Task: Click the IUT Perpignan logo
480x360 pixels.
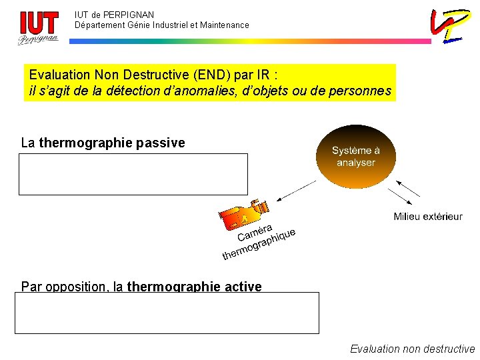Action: [38, 27]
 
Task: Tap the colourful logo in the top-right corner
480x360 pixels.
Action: [448, 25]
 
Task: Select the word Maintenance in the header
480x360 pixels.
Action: [225, 25]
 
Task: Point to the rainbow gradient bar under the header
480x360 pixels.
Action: [250, 41]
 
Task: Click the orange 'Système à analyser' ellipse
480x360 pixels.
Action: [355, 157]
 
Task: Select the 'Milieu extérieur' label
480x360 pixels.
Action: [427, 216]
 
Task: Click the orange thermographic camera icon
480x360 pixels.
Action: [243, 216]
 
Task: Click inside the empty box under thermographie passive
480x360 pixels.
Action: [133, 174]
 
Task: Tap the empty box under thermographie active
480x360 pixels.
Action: [167, 313]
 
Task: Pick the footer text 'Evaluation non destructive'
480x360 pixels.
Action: [412, 349]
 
